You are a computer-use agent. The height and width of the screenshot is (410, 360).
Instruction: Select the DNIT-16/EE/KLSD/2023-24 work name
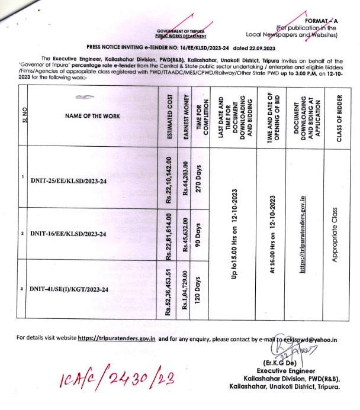point(68,234)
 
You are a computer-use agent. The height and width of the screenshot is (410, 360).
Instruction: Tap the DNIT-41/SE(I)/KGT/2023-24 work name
point(70,289)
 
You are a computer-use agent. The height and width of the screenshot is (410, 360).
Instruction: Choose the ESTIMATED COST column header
point(170,117)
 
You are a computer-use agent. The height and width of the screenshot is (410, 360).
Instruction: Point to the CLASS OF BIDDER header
point(335,117)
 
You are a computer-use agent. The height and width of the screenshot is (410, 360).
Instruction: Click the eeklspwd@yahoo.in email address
point(307,339)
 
